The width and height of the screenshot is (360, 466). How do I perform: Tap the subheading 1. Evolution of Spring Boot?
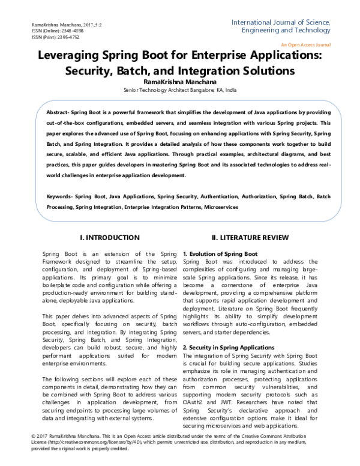pos(220,254)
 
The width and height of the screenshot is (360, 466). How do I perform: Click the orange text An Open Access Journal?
pos(305,44)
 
